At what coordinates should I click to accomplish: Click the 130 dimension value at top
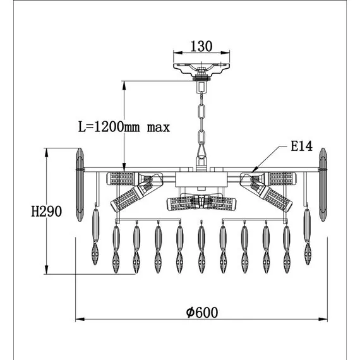(x=201, y=46)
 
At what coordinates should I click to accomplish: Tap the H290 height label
(x=46, y=212)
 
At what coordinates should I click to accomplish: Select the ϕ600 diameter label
(x=202, y=313)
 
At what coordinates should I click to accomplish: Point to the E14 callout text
(x=301, y=146)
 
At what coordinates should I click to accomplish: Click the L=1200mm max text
(x=124, y=127)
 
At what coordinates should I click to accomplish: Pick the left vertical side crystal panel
(x=80, y=184)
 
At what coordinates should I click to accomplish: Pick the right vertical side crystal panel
(x=323, y=184)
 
